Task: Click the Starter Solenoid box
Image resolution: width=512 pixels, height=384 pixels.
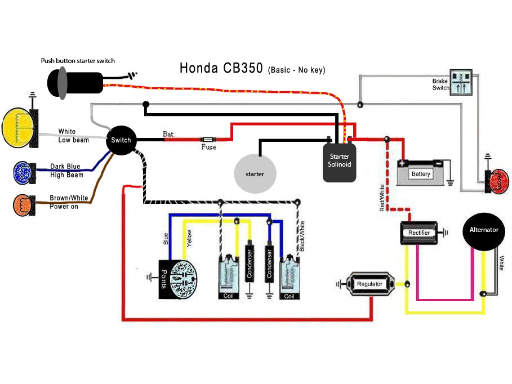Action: (x=339, y=163)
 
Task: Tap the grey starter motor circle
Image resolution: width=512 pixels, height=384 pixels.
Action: (x=255, y=174)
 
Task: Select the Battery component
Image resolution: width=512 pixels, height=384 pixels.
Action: (x=421, y=172)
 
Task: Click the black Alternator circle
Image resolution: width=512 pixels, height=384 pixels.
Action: (x=484, y=231)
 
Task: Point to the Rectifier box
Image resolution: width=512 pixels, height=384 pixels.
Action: (x=419, y=233)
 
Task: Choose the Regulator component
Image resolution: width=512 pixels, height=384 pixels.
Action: (x=369, y=284)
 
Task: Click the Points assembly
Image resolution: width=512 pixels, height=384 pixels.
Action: (x=178, y=279)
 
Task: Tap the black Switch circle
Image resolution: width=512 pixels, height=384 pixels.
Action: (x=121, y=140)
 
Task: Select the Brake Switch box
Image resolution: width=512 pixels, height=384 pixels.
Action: (x=461, y=82)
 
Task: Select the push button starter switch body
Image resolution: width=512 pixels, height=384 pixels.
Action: (x=75, y=83)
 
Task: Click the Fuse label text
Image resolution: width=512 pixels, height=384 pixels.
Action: (x=208, y=148)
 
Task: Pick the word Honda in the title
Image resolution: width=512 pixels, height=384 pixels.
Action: (x=198, y=68)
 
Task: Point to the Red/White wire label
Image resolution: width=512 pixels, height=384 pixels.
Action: (x=382, y=198)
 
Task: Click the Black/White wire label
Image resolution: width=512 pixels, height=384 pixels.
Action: (x=302, y=236)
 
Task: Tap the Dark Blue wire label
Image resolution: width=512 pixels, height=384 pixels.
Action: (x=65, y=166)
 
